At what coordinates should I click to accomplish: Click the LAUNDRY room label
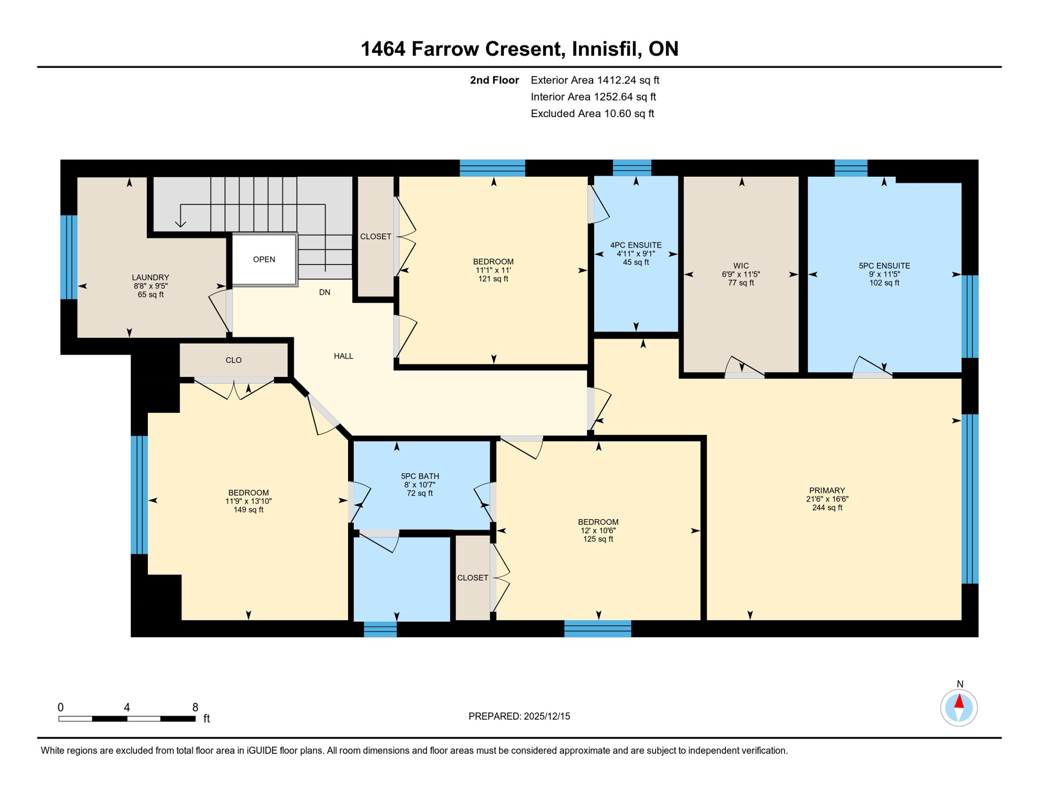150,278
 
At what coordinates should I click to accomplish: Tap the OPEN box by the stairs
264,260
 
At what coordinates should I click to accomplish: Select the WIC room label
741,266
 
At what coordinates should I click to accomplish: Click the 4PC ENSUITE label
636,245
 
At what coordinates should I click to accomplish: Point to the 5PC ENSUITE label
884,266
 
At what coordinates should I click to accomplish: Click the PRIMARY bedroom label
827,490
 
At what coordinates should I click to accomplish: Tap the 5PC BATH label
420,476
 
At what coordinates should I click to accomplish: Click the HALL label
343,356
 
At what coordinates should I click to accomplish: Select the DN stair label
325,292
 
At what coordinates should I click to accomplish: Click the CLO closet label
234,360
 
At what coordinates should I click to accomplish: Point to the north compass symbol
959,707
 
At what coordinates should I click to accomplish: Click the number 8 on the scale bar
195,707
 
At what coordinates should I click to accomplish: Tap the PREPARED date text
519,716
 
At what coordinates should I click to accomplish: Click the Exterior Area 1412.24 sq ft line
595,80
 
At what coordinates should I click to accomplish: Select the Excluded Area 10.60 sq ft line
592,113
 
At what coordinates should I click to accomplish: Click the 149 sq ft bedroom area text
248,510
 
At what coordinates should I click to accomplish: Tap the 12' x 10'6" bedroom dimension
598,531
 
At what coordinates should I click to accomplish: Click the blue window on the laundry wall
69,257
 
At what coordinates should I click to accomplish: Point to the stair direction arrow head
180,225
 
